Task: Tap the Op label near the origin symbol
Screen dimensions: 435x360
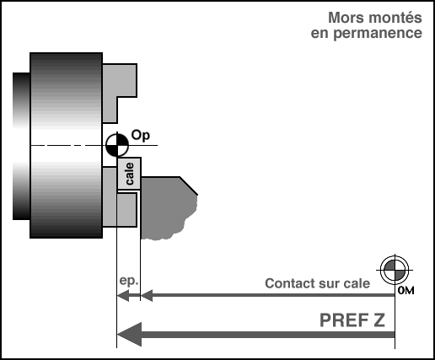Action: pyautogui.click(x=141, y=136)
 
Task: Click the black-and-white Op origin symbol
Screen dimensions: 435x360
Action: pyautogui.click(x=117, y=145)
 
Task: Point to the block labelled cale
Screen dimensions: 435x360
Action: pyautogui.click(x=129, y=174)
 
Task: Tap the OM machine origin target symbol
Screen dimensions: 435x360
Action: pyautogui.click(x=395, y=270)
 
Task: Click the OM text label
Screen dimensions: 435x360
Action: pyautogui.click(x=405, y=291)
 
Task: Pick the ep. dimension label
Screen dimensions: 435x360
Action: pyautogui.click(x=129, y=281)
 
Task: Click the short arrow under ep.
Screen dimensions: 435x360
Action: pyautogui.click(x=128, y=295)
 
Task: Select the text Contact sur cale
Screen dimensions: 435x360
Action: pyautogui.click(x=317, y=283)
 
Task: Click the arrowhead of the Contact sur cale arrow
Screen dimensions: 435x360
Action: pyautogui.click(x=147, y=295)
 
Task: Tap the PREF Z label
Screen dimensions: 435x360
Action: pyautogui.click(x=352, y=320)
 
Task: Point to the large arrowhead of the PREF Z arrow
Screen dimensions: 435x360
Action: pyautogui.click(x=129, y=335)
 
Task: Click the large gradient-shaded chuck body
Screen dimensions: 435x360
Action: pyautogui.click(x=66, y=145)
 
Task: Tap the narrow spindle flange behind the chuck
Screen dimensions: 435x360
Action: pyautogui.click(x=21, y=146)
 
